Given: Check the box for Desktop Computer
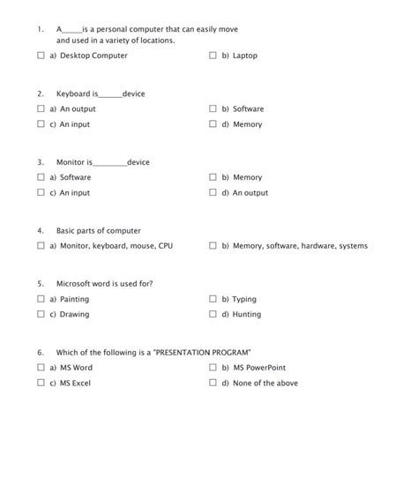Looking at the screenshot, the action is tap(41, 56).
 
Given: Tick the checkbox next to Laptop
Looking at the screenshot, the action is tap(213, 56).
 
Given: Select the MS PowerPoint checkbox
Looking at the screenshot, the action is tap(213, 368).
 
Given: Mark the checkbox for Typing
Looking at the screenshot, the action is tap(213, 300).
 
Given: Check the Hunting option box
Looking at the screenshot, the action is tap(213, 315).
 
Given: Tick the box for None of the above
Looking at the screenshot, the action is tap(213, 384).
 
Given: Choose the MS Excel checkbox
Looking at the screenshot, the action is tap(41, 384).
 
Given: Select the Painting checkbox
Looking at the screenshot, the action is tap(41, 300).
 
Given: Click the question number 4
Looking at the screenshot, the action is tap(41, 231).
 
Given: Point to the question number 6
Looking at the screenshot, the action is tap(41, 352).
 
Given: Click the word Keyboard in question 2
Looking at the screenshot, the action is tap(73, 93).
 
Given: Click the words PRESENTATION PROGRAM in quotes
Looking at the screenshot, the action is tap(203, 352).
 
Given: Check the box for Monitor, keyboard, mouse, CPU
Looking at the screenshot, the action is tap(41, 246).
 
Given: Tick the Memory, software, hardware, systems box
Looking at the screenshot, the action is tap(213, 246).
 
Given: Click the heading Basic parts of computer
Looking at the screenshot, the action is tap(98, 231).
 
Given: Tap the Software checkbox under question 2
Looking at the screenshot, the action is tap(213, 109).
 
